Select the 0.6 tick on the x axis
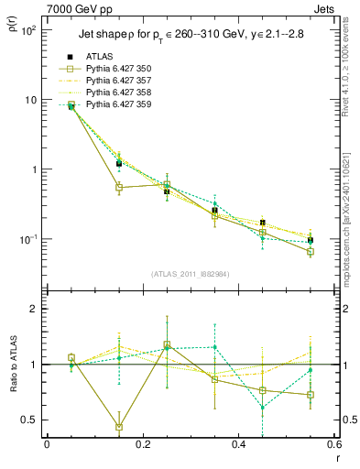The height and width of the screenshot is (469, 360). [x=334, y=445]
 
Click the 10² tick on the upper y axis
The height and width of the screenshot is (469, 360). [x=28, y=30]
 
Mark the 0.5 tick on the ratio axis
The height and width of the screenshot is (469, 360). [x=32, y=420]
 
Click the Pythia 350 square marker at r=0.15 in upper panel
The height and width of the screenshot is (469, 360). [x=119, y=187]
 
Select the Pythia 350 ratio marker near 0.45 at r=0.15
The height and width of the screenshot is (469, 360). [x=119, y=426]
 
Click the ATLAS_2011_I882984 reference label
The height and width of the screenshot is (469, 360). [x=191, y=274]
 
